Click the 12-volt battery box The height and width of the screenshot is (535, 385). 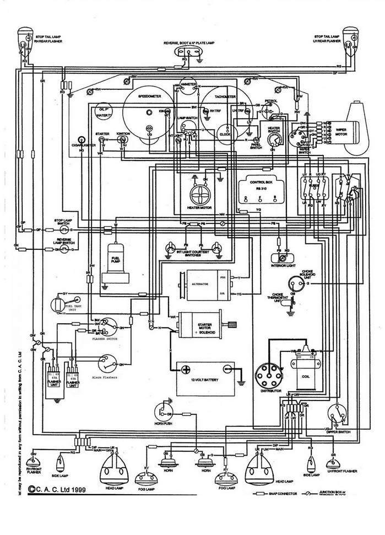point(205,376)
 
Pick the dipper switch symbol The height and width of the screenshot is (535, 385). point(336,414)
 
